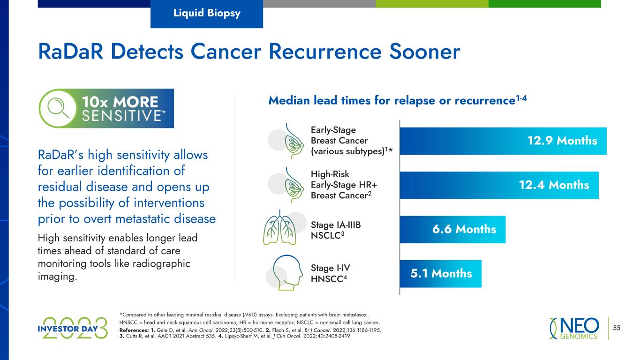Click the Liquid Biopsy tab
tap(207, 14)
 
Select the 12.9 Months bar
tap(503, 141)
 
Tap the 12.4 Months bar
tap(499, 185)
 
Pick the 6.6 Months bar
tap(452, 229)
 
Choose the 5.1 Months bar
tap(441, 274)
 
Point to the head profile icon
tap(287, 272)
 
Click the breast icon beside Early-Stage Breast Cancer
tap(294, 141)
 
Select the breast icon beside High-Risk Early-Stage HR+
tap(294, 185)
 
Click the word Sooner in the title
tap(425, 52)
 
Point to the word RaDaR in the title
tap(71, 52)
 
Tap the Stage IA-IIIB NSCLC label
tap(336, 230)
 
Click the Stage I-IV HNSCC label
tap(330, 273)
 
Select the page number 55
tap(617, 328)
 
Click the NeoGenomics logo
tap(574, 328)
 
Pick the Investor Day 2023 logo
tap(73, 328)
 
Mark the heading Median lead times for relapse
tap(398, 100)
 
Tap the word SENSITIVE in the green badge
tap(122, 116)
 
